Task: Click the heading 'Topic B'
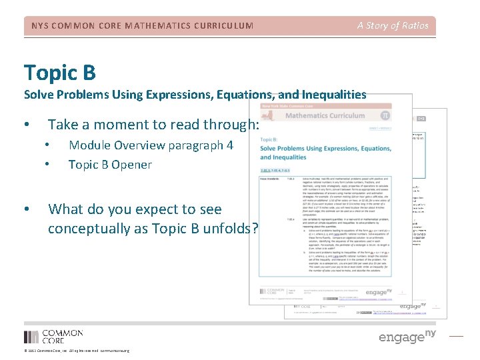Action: [60, 71]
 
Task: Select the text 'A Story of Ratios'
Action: [392, 26]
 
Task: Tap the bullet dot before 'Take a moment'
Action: [26, 125]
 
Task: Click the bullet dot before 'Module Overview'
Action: [47, 145]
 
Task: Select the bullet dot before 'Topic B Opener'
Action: [47, 165]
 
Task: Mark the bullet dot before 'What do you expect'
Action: [26, 209]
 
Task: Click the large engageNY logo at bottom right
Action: [407, 337]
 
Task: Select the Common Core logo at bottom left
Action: [53, 337]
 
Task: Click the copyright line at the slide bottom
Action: [76, 351]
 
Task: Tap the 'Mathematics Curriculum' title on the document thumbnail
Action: [325, 115]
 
